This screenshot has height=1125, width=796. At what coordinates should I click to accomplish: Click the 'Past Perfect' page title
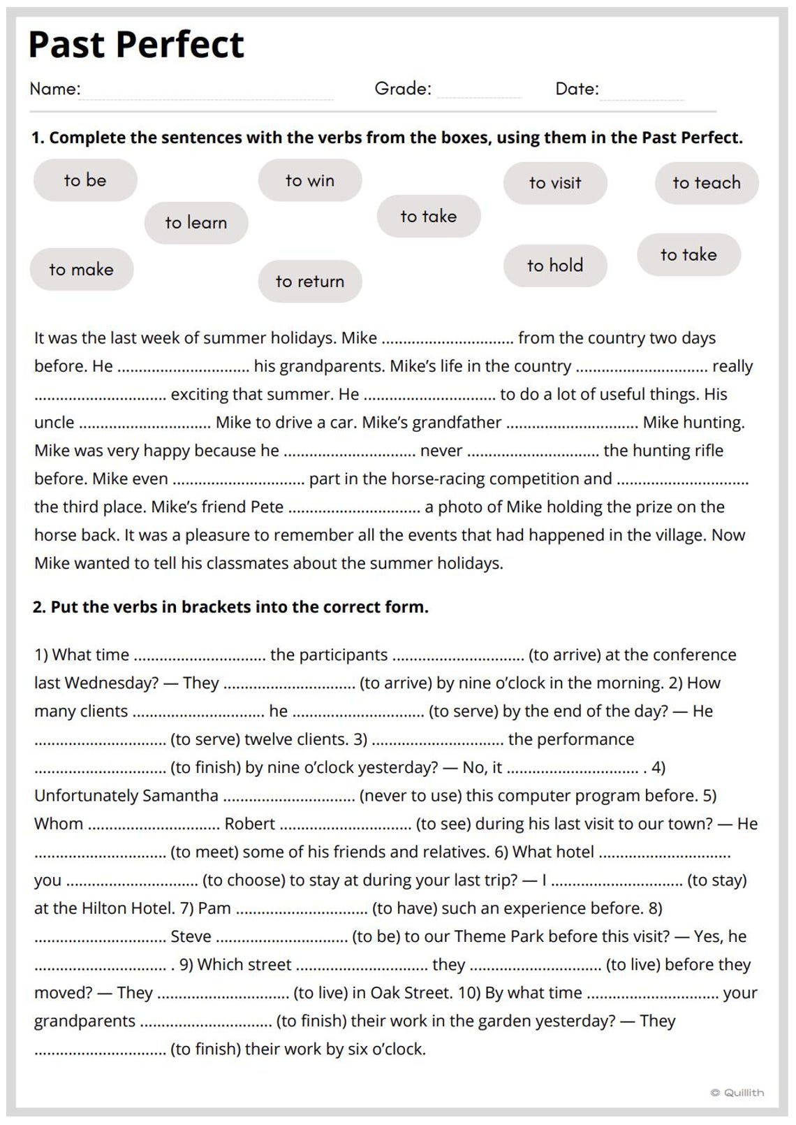[x=136, y=45]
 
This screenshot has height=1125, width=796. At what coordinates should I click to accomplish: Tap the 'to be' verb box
[x=85, y=180]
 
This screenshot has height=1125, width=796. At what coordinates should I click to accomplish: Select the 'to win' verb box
[x=310, y=180]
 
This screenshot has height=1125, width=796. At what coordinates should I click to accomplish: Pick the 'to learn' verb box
[x=196, y=223]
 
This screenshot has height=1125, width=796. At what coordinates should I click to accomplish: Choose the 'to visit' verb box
[x=555, y=183]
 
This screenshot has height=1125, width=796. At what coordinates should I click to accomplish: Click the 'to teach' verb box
[x=707, y=183]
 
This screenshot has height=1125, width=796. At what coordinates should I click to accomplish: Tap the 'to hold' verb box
[x=555, y=266]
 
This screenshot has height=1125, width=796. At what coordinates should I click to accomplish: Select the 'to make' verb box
[x=81, y=270]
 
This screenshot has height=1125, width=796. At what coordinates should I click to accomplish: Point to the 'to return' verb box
[x=310, y=282]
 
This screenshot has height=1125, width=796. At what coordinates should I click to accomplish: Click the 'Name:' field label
[x=55, y=89]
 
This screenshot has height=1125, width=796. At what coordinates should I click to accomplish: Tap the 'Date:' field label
[x=577, y=89]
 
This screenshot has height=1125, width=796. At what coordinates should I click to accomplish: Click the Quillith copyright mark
[x=737, y=1093]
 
